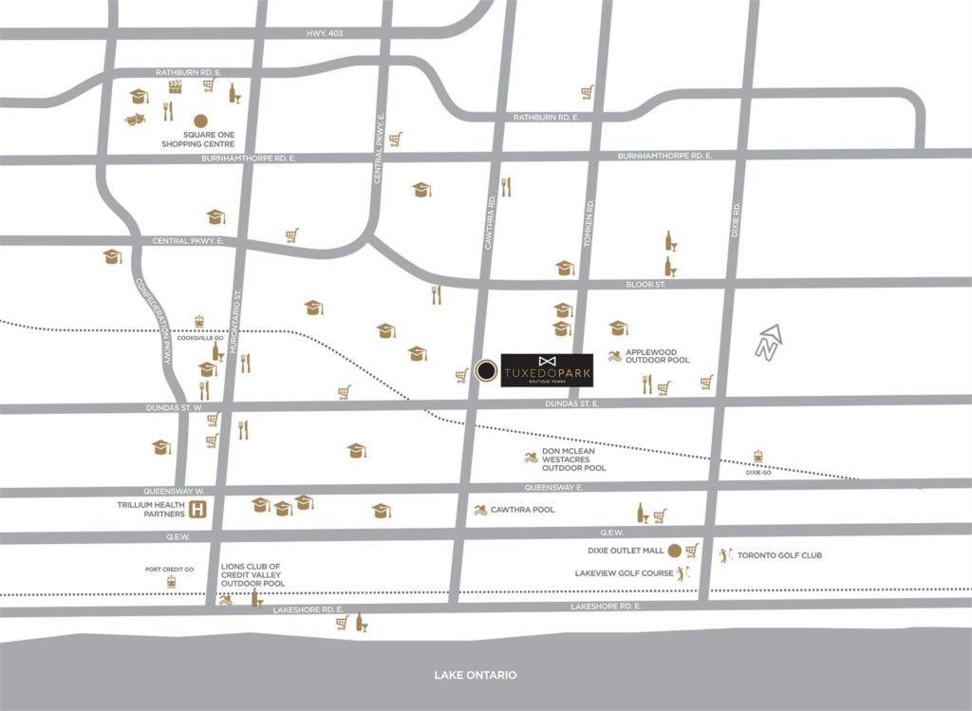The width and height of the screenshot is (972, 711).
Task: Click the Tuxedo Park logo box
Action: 547,370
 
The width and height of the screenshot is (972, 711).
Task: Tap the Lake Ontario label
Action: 476,675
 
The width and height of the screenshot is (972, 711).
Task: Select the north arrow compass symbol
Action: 768,343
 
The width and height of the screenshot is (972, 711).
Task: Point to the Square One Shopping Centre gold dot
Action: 200,121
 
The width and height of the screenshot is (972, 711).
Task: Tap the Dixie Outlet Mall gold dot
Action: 674,550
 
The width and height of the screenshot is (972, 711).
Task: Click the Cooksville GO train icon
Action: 199,321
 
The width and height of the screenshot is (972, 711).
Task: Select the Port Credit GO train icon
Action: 171,581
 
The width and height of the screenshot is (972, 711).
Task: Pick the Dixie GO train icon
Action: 757,457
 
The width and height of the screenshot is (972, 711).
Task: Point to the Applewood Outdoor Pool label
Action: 657,355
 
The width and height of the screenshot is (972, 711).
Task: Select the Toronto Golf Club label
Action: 779,555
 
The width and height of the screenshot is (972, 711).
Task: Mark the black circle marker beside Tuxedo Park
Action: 486,370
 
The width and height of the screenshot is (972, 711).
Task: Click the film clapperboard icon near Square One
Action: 175,85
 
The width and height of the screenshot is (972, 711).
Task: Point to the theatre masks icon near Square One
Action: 135,120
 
